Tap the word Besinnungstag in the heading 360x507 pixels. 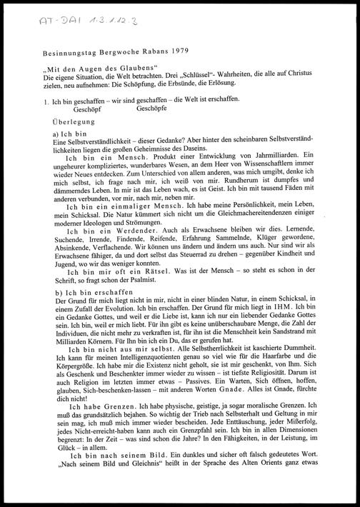click(74, 53)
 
